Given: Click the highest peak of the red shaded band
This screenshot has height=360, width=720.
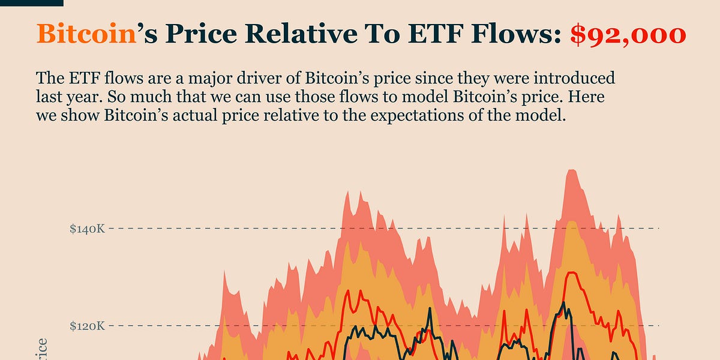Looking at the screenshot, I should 571,171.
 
